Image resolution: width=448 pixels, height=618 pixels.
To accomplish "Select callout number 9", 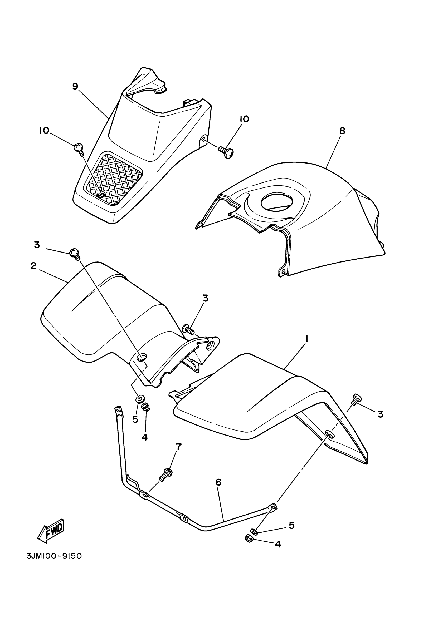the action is tap(75, 86).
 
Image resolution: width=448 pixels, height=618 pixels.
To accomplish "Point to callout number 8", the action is tap(342, 131).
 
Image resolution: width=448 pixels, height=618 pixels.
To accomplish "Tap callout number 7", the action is tap(179, 447).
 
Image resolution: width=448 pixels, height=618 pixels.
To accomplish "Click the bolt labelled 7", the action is tap(165, 475).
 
